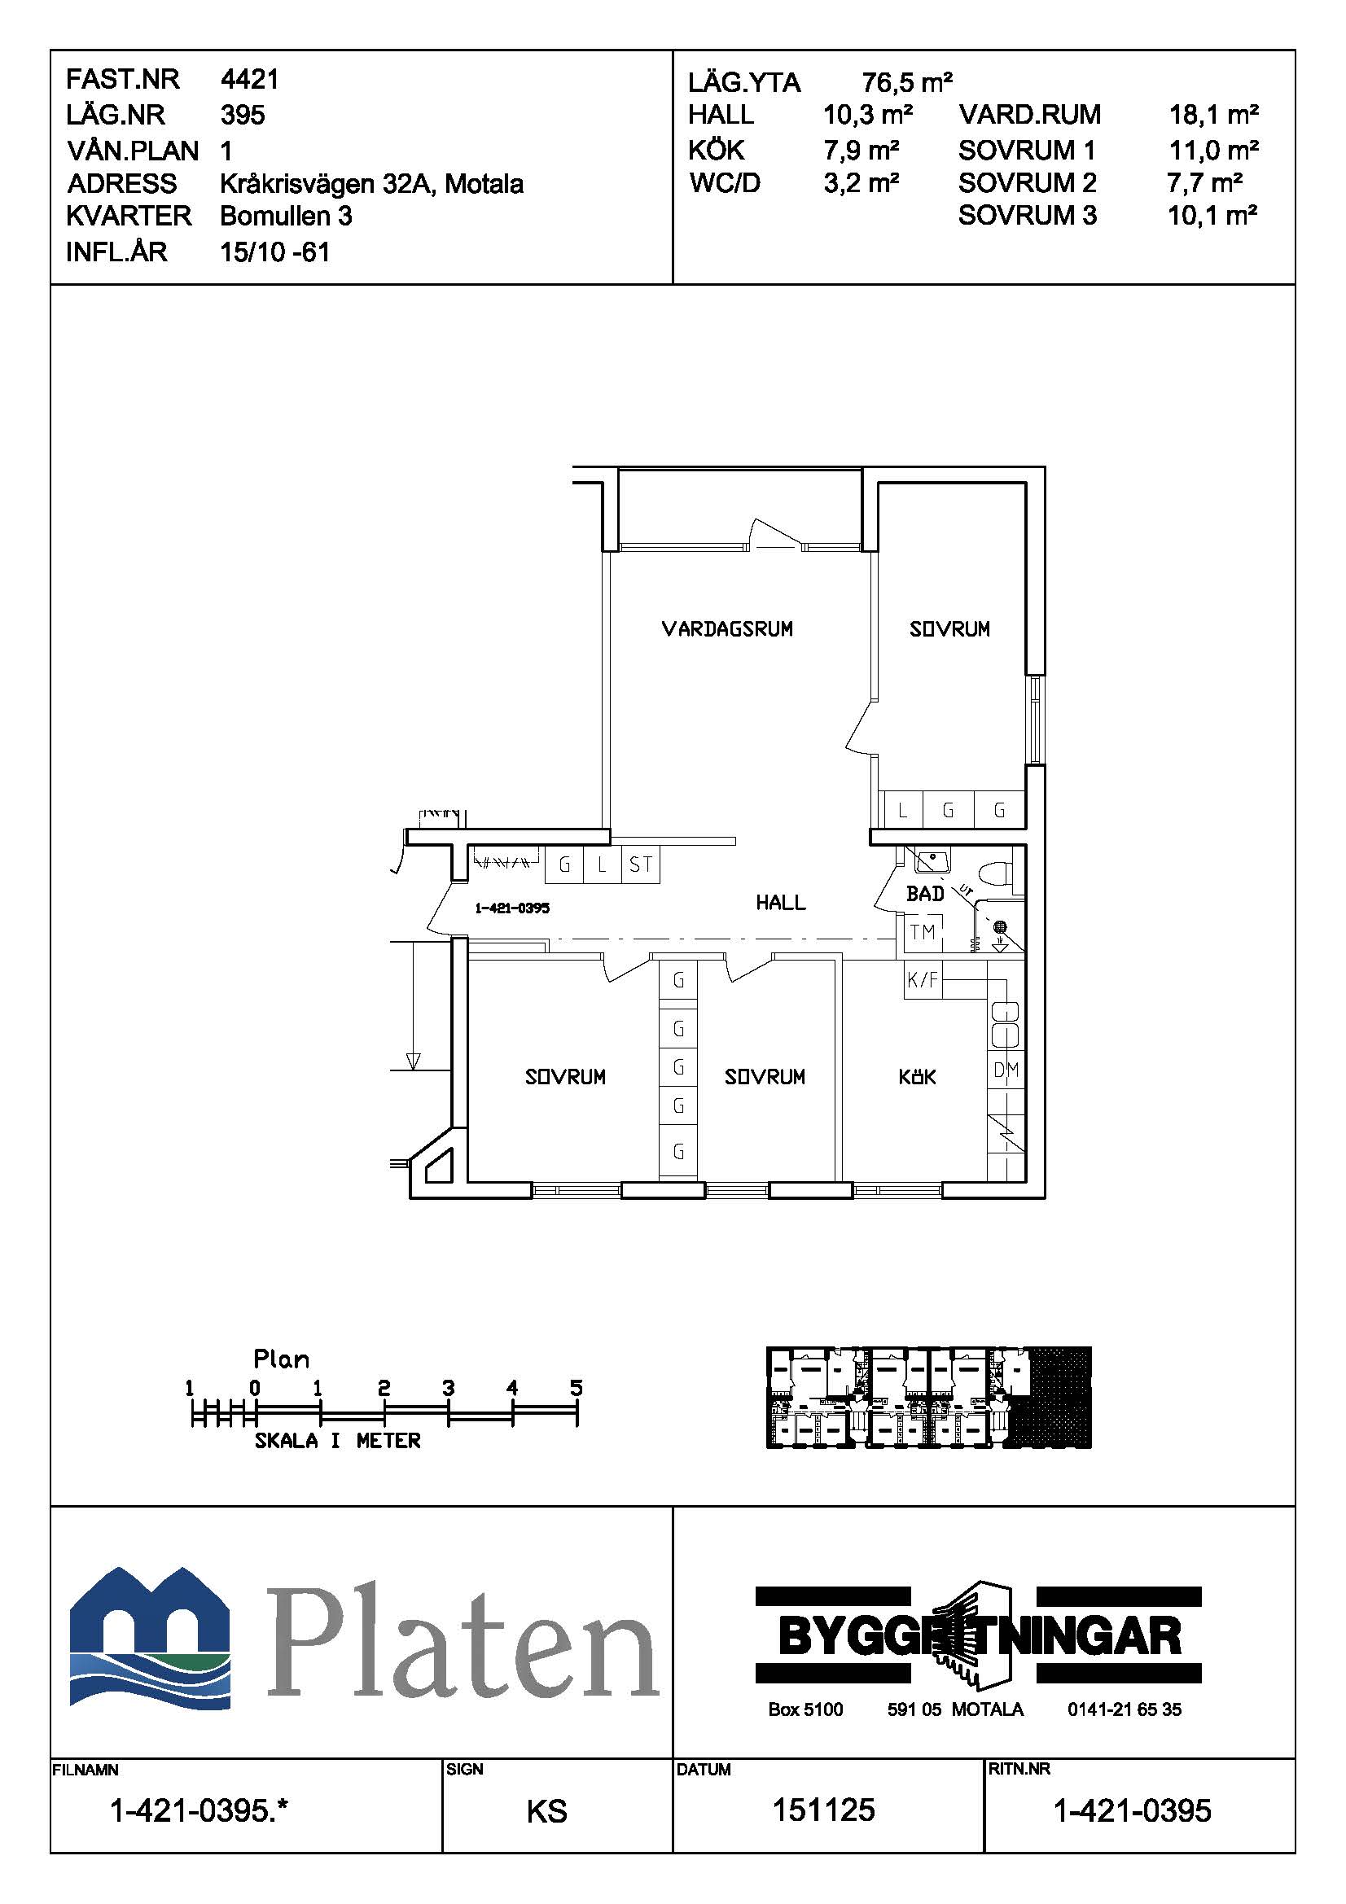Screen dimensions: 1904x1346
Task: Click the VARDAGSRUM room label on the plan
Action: [726, 629]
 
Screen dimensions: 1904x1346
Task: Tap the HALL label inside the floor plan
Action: [780, 902]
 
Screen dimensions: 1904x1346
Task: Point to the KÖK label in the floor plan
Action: [917, 1077]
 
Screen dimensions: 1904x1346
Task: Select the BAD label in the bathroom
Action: [925, 894]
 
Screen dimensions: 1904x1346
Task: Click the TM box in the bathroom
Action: [923, 933]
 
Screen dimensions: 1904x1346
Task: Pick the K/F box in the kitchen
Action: [923, 980]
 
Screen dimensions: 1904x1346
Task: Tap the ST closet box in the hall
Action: [640, 866]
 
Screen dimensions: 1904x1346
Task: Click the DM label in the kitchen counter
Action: [1006, 1070]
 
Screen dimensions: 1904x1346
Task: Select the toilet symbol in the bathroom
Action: [993, 874]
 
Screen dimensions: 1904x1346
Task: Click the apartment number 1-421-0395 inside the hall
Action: [511, 908]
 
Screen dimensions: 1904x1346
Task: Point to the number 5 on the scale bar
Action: [577, 1388]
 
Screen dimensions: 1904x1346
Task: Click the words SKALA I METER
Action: [338, 1442]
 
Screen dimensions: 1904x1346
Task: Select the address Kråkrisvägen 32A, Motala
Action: [371, 183]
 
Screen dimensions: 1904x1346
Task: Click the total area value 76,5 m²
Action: [906, 82]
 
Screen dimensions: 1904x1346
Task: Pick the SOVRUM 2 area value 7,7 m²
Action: [1204, 182]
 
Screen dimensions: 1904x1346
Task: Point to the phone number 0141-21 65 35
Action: [1124, 1709]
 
